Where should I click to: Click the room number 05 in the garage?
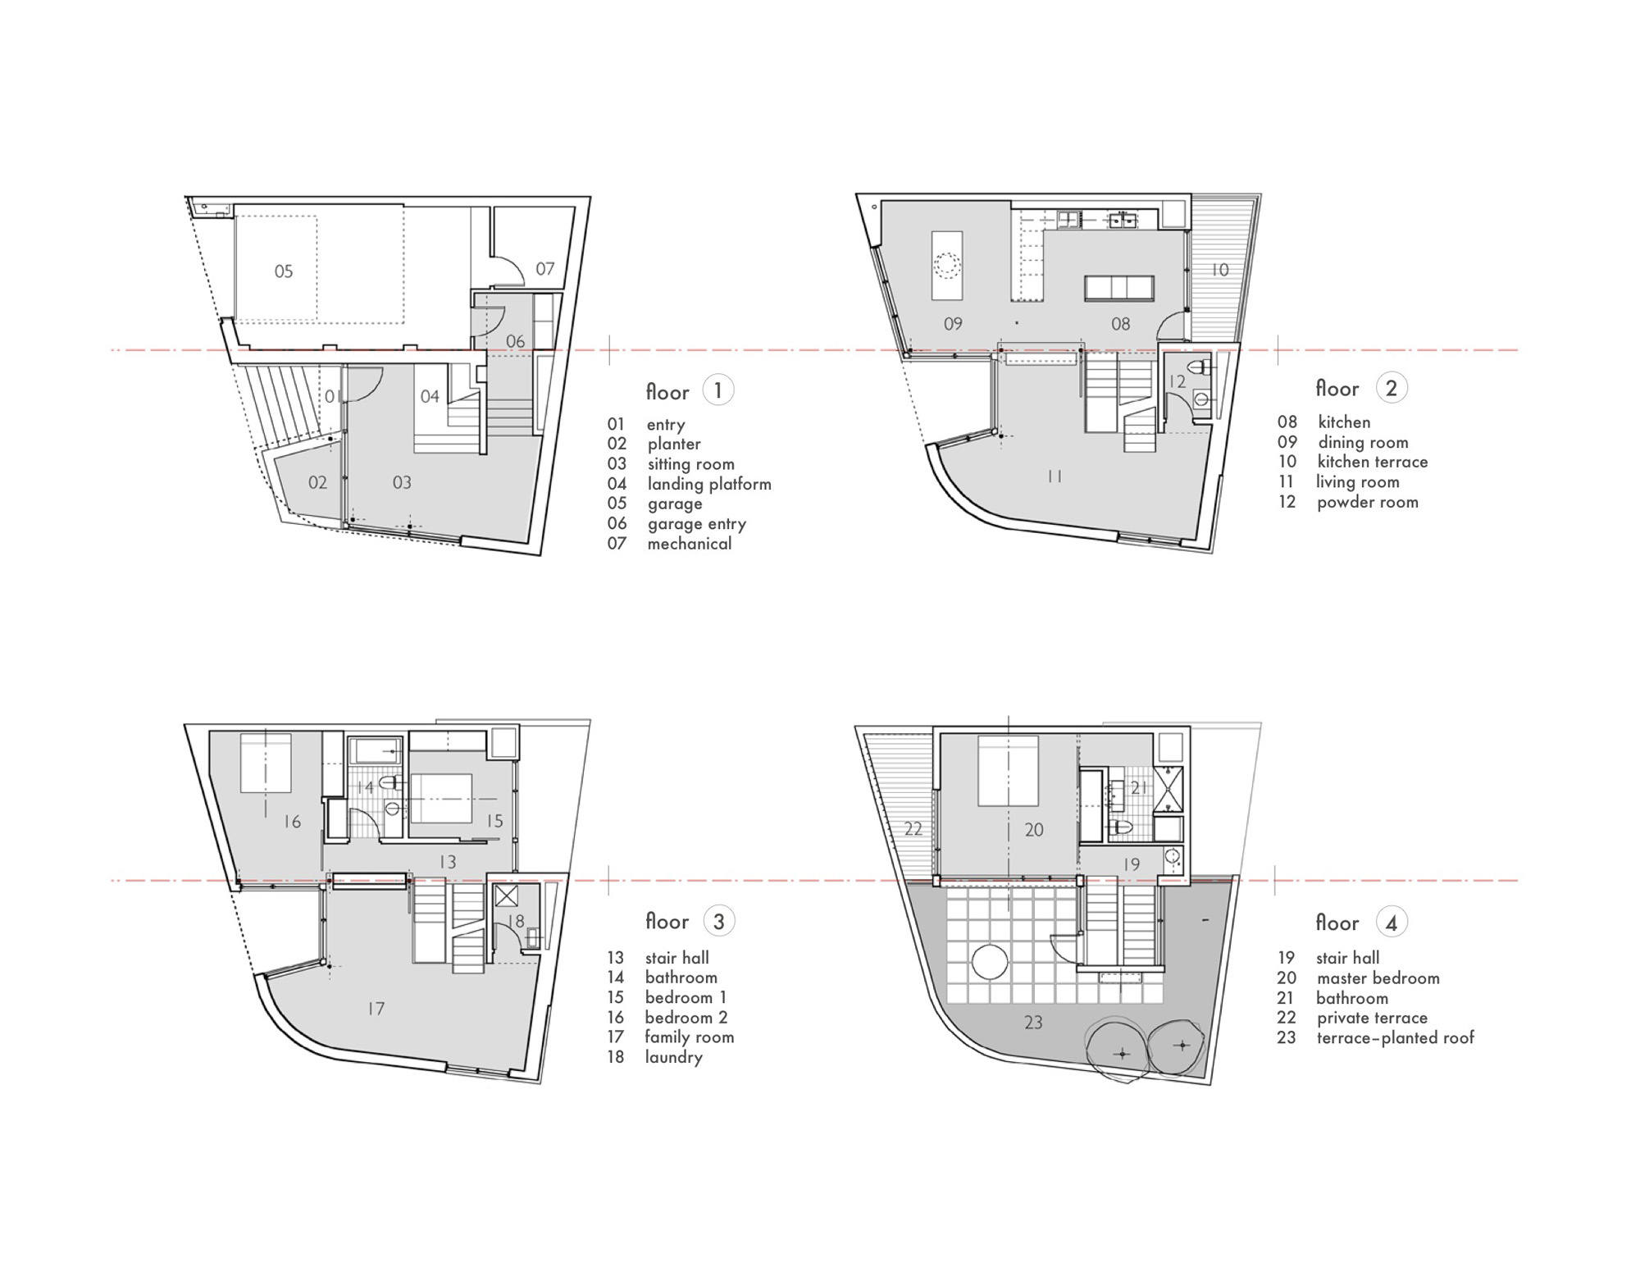click(x=284, y=271)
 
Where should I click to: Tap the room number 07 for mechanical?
click(x=545, y=268)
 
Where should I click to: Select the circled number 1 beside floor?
click(x=718, y=390)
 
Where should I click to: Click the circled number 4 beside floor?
click(x=1392, y=923)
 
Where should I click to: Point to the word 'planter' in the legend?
click(x=674, y=444)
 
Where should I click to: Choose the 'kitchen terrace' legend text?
click(x=1373, y=462)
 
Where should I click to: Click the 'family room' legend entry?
click(x=690, y=1037)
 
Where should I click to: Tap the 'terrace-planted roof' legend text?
click(x=1396, y=1038)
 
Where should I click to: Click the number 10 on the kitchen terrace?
click(x=1220, y=270)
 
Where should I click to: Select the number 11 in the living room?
click(x=1055, y=476)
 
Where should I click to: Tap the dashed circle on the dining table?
click(x=948, y=266)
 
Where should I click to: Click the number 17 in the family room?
click(x=376, y=1009)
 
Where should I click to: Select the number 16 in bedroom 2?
click(x=292, y=821)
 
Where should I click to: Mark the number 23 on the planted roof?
click(x=1033, y=1023)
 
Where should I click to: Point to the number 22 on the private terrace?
click(x=913, y=829)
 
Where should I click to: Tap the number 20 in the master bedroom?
click(x=1033, y=830)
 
